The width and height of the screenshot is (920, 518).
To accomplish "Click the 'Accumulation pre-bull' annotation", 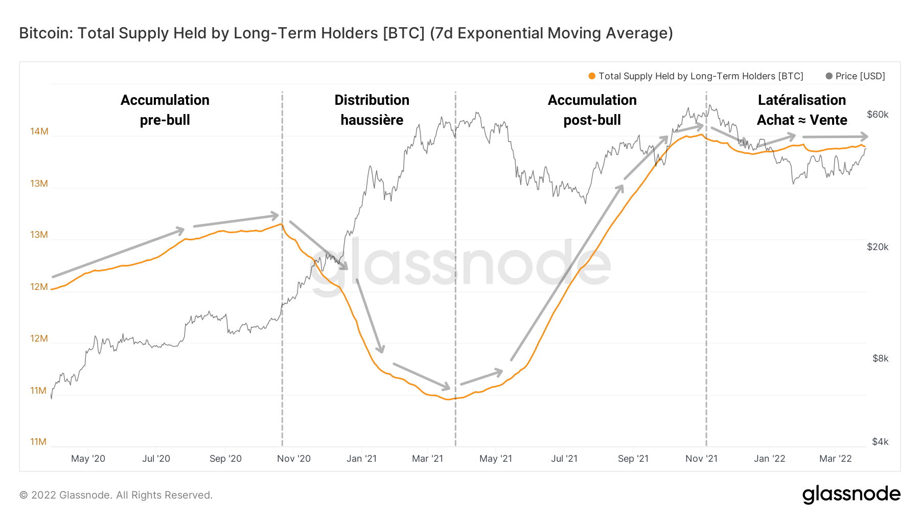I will [x=165, y=110].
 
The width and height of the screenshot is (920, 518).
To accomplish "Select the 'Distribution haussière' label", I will [x=372, y=110].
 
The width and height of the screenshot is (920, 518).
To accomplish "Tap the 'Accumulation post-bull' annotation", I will [x=592, y=110].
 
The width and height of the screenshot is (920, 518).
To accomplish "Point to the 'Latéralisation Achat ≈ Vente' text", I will [x=801, y=110].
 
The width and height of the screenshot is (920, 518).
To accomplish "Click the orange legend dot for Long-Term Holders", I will [x=592, y=76].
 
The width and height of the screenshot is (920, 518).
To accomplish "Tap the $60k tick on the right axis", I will [x=878, y=115].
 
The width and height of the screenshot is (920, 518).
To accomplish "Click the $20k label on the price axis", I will [x=878, y=247].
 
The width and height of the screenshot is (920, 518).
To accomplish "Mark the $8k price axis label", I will [x=880, y=358].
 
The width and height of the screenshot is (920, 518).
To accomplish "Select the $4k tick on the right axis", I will [x=880, y=442].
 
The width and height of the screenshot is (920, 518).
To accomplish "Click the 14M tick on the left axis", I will [x=39, y=131].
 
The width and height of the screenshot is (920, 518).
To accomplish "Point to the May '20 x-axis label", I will [x=88, y=459].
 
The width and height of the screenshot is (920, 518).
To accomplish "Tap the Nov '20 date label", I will [x=293, y=459].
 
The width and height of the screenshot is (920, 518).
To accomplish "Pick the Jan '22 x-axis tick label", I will [x=769, y=459].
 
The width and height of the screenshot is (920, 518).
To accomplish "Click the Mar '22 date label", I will [x=835, y=459].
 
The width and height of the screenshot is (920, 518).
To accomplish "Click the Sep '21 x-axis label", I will [x=633, y=459].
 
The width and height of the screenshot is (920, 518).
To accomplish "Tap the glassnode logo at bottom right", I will [x=851, y=494].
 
